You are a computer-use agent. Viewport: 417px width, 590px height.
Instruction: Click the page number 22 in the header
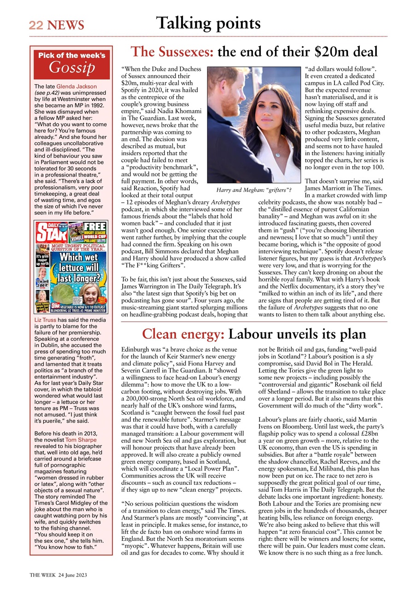(x=35, y=25)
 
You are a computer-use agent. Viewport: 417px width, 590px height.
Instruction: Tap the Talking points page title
(x=208, y=23)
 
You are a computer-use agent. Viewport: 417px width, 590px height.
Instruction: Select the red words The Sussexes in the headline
(x=172, y=51)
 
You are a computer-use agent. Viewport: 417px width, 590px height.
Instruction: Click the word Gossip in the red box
(x=71, y=67)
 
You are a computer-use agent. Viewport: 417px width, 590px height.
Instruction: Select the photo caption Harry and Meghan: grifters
(x=254, y=189)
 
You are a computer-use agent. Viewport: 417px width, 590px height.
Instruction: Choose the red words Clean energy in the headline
(x=183, y=334)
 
